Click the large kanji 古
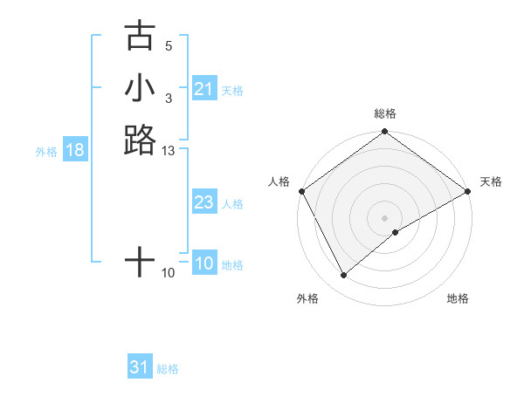(x=140, y=37)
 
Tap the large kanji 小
(x=140, y=88)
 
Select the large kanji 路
(x=140, y=140)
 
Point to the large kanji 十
(x=140, y=261)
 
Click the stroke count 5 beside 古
(x=169, y=46)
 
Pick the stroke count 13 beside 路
(x=169, y=151)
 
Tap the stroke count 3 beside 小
(x=169, y=99)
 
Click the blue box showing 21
(x=203, y=89)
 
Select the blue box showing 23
(x=203, y=203)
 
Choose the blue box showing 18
(x=75, y=150)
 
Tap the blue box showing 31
(x=140, y=367)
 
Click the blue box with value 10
(x=203, y=263)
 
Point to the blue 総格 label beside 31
(x=168, y=369)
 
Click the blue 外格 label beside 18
(x=46, y=151)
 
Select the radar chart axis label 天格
(x=491, y=181)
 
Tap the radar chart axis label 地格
(x=458, y=298)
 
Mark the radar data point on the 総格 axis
(x=384, y=133)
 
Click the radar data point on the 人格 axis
(x=301, y=191)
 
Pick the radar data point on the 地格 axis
(x=396, y=232)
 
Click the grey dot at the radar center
(x=384, y=217)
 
